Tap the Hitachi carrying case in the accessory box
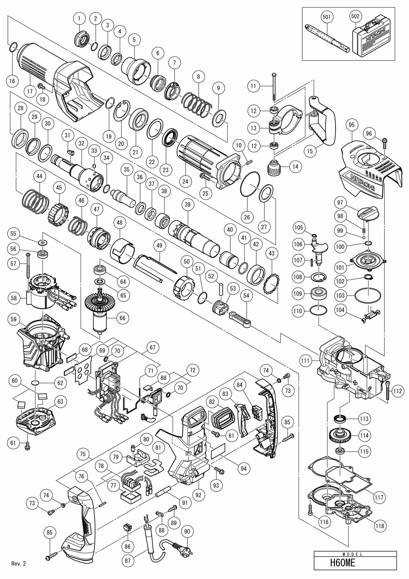pyautogui.click(x=369, y=36)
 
